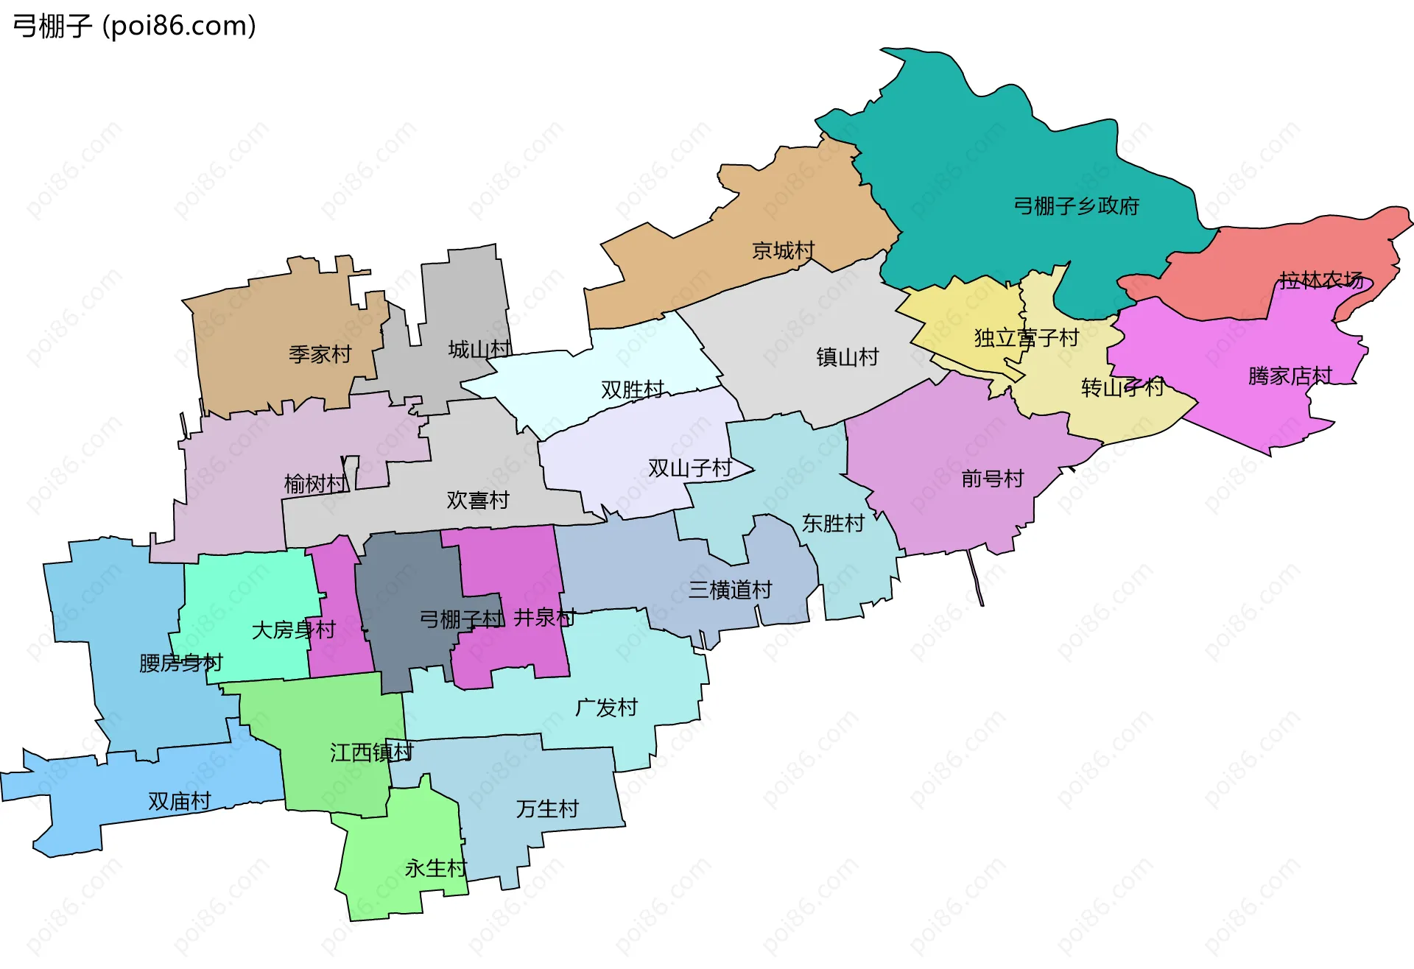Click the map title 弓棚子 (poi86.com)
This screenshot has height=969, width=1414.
point(135,26)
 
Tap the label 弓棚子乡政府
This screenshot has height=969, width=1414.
point(1076,205)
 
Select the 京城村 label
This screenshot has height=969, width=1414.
point(783,250)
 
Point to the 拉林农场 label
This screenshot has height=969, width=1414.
point(1321,280)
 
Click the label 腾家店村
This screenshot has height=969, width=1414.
point(1290,376)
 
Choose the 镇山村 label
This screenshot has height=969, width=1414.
point(847,357)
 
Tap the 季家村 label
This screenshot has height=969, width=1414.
point(320,354)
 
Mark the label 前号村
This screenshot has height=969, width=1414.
point(992,479)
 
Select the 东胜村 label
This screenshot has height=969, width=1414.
point(833,524)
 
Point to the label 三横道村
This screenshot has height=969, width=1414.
point(730,590)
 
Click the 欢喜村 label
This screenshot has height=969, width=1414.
point(478,500)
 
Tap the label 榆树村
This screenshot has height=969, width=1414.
point(315,484)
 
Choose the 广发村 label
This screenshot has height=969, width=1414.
point(606,708)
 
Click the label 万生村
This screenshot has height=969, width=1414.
point(547,808)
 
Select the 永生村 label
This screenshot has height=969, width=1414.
point(435,868)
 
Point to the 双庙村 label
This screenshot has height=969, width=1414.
point(180,801)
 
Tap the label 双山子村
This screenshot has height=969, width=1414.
point(689,468)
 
